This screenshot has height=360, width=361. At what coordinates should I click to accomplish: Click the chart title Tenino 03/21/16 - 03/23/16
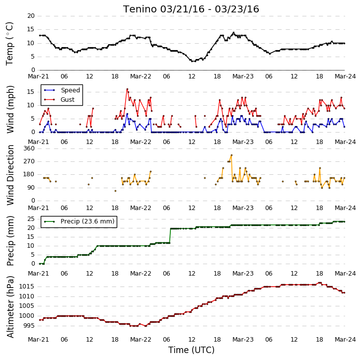[191, 9]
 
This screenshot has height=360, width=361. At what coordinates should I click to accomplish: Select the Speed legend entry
[62, 90]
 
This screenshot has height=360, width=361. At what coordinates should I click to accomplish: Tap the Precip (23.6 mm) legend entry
[79, 221]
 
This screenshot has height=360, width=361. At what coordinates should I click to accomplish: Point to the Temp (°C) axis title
[9, 44]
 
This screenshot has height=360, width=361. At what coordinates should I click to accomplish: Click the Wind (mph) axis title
[10, 110]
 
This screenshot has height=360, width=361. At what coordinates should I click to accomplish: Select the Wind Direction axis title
[10, 175]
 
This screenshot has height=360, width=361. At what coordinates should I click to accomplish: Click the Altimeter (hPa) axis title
[10, 307]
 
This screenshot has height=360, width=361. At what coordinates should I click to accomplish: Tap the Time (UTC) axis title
[191, 350]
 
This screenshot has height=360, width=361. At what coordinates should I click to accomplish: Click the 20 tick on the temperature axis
[31, 16]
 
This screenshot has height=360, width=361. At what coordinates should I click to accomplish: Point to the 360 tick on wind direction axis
[29, 148]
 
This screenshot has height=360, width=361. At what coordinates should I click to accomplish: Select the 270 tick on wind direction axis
[29, 161]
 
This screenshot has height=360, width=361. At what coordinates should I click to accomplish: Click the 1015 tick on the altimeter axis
[27, 287]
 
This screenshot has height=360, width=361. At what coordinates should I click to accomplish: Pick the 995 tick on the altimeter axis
[29, 326]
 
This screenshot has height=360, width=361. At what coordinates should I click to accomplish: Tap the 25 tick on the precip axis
[31, 219]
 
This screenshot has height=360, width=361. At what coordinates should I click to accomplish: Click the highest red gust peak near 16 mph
[127, 89]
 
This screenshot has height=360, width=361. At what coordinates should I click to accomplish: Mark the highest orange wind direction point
[231, 155]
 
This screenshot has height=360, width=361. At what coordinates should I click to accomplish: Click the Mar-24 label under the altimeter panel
[345, 340]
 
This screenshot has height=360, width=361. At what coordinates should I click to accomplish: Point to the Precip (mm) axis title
[10, 241]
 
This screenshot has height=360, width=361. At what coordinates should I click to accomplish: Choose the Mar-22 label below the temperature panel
[141, 76]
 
